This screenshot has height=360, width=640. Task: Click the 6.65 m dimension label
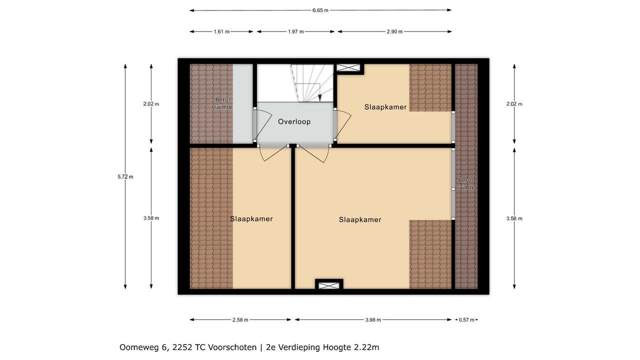coord(320,10)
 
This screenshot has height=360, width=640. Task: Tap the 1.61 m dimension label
coord(221,31)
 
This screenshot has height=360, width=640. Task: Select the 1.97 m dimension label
coord(295,31)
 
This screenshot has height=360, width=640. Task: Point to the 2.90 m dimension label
coord(394,31)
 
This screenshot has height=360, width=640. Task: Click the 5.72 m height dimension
coord(125,177)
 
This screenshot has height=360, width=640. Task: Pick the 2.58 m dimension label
coord(240,320)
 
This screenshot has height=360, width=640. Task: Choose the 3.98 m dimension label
coord(373,320)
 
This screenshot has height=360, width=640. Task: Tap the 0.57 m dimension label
coord(466,320)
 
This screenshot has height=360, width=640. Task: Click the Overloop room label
coord(294,121)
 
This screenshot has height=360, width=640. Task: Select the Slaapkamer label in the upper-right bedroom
coord(385,107)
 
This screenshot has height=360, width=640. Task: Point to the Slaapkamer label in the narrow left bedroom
coord(251,219)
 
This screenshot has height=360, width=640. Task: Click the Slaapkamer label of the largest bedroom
coord(360,219)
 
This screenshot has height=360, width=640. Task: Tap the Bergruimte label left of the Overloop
coord(223,103)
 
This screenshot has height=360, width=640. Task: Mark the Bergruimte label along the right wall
coord(466,184)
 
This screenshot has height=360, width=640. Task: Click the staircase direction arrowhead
coord(320,97)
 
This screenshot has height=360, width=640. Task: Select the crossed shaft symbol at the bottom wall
coord(329,285)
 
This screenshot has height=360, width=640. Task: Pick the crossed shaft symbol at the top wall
coord(348,67)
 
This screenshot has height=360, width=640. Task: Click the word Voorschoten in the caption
coord(232,347)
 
